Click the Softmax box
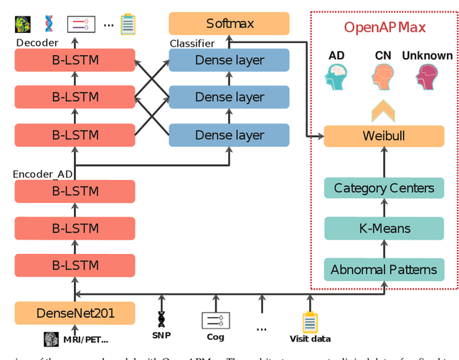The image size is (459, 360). [x=229, y=24]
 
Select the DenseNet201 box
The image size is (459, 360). [x=75, y=313]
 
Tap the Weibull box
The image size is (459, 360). [x=384, y=136]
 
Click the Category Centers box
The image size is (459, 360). [x=384, y=189]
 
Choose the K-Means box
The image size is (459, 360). [x=384, y=229]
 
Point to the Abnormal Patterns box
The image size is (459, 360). [x=384, y=270]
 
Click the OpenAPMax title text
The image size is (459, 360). [x=384, y=29]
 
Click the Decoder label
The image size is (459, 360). [x=37, y=43]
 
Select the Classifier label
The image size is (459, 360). [x=191, y=44]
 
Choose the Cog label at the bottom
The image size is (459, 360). [x=215, y=336]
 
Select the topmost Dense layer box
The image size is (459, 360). [x=229, y=60]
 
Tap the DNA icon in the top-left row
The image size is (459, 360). [x=49, y=24]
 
